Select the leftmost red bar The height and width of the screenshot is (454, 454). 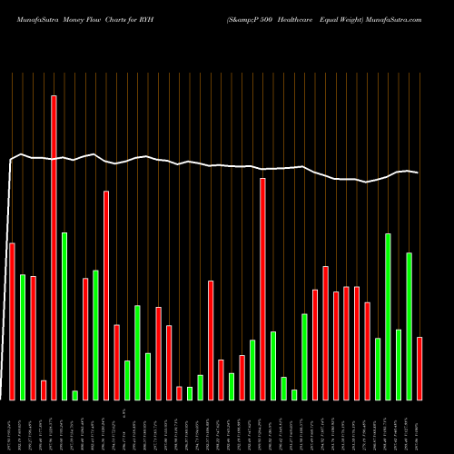(12, 321)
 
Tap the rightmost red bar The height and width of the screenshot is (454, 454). (419, 368)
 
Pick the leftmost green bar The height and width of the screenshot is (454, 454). (23, 337)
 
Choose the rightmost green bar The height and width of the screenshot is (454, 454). (410, 326)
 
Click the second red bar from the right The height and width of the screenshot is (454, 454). (368, 350)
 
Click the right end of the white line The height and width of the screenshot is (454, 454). (419, 173)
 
